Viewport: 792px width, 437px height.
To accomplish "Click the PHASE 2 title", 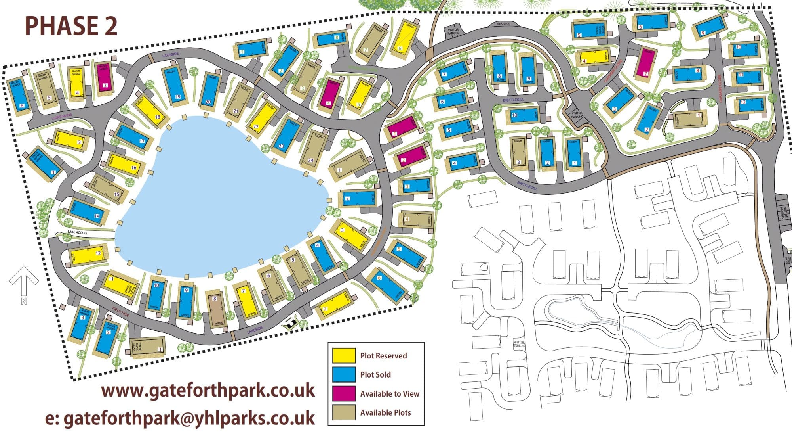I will tap(71, 26).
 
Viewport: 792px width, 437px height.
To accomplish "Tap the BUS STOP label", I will tap(504, 24).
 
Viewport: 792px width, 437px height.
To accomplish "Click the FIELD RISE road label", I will tap(120, 312).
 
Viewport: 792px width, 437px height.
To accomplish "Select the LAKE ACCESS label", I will tap(77, 232).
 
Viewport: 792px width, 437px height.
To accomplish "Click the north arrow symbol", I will tap(24, 282).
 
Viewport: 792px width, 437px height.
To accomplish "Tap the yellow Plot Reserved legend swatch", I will tap(344, 356).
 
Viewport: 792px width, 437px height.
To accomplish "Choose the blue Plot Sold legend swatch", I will tap(344, 374).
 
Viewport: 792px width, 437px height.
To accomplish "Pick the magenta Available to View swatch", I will tap(344, 393).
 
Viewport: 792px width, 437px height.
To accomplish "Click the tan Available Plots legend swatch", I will tap(344, 412).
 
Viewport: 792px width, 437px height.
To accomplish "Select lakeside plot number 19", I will tap(175, 85).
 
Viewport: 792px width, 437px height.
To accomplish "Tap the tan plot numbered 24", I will tap(312, 148).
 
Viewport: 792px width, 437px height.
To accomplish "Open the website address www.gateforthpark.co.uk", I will tap(208, 390).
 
